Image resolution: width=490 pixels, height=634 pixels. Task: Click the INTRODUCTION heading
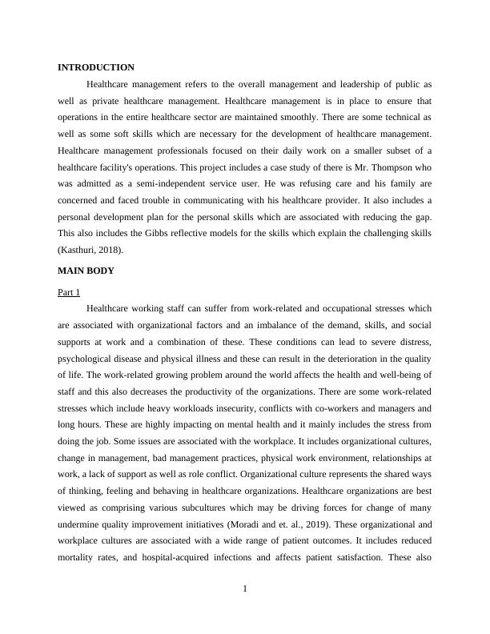pyautogui.click(x=96, y=68)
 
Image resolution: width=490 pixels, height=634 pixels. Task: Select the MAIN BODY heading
pyautogui.click(x=86, y=271)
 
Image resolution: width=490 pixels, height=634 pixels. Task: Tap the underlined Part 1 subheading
pyautogui.click(x=69, y=293)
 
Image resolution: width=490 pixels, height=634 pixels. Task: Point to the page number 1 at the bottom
pyautogui.click(x=245, y=590)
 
